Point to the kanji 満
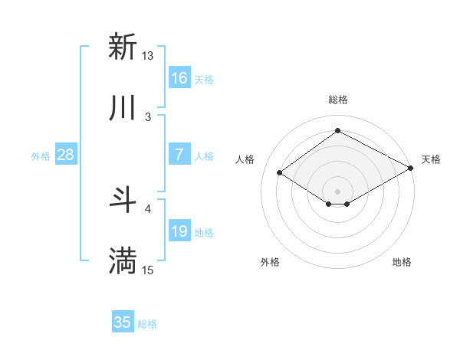click(123, 261)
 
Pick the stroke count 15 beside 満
click(148, 270)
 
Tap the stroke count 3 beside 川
click(148, 116)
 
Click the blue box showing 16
click(179, 78)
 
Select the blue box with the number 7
click(179, 155)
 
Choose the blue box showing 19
click(179, 231)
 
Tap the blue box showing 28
click(66, 155)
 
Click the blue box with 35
click(123, 322)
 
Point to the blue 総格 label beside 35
click(147, 324)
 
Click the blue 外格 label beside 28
click(41, 156)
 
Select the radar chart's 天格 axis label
click(431, 159)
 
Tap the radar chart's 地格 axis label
click(402, 262)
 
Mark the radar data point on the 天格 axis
click(411, 169)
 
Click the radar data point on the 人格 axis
click(280, 173)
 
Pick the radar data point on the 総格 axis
click(337, 130)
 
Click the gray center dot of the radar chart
click(337, 190)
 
